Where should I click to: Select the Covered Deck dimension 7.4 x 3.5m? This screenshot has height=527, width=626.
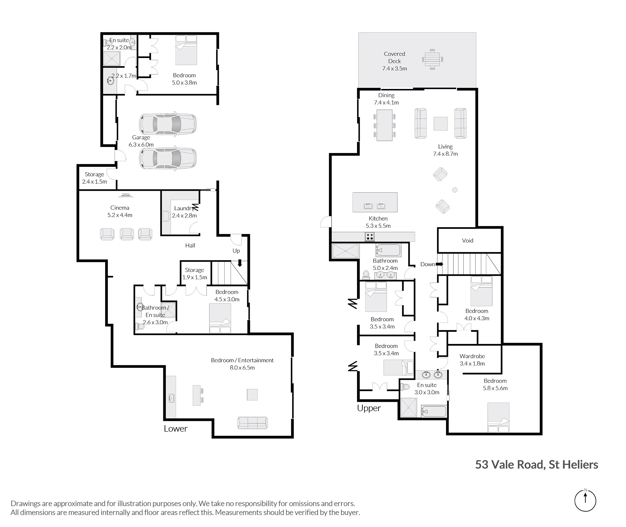coord(394,68)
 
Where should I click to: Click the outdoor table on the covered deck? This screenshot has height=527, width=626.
coord(432,59)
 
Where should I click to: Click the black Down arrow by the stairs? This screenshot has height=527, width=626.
coord(439,264)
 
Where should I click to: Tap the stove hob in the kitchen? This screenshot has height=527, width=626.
coord(370,237)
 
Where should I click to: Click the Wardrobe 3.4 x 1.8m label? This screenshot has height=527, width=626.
coord(472,360)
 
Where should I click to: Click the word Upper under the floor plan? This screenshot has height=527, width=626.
coord(369,408)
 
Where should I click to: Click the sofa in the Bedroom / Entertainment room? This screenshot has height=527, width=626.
coord(252,423)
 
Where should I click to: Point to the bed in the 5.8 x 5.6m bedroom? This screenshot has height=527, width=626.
coord(498,417)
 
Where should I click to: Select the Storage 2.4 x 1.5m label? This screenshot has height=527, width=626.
coord(94,178)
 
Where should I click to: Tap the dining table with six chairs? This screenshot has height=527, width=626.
coord(384,125)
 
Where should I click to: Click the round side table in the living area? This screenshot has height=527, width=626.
coord(455,190)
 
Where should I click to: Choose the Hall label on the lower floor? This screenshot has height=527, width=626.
coord(190,245)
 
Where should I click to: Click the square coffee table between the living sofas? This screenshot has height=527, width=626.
coord(440,123)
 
